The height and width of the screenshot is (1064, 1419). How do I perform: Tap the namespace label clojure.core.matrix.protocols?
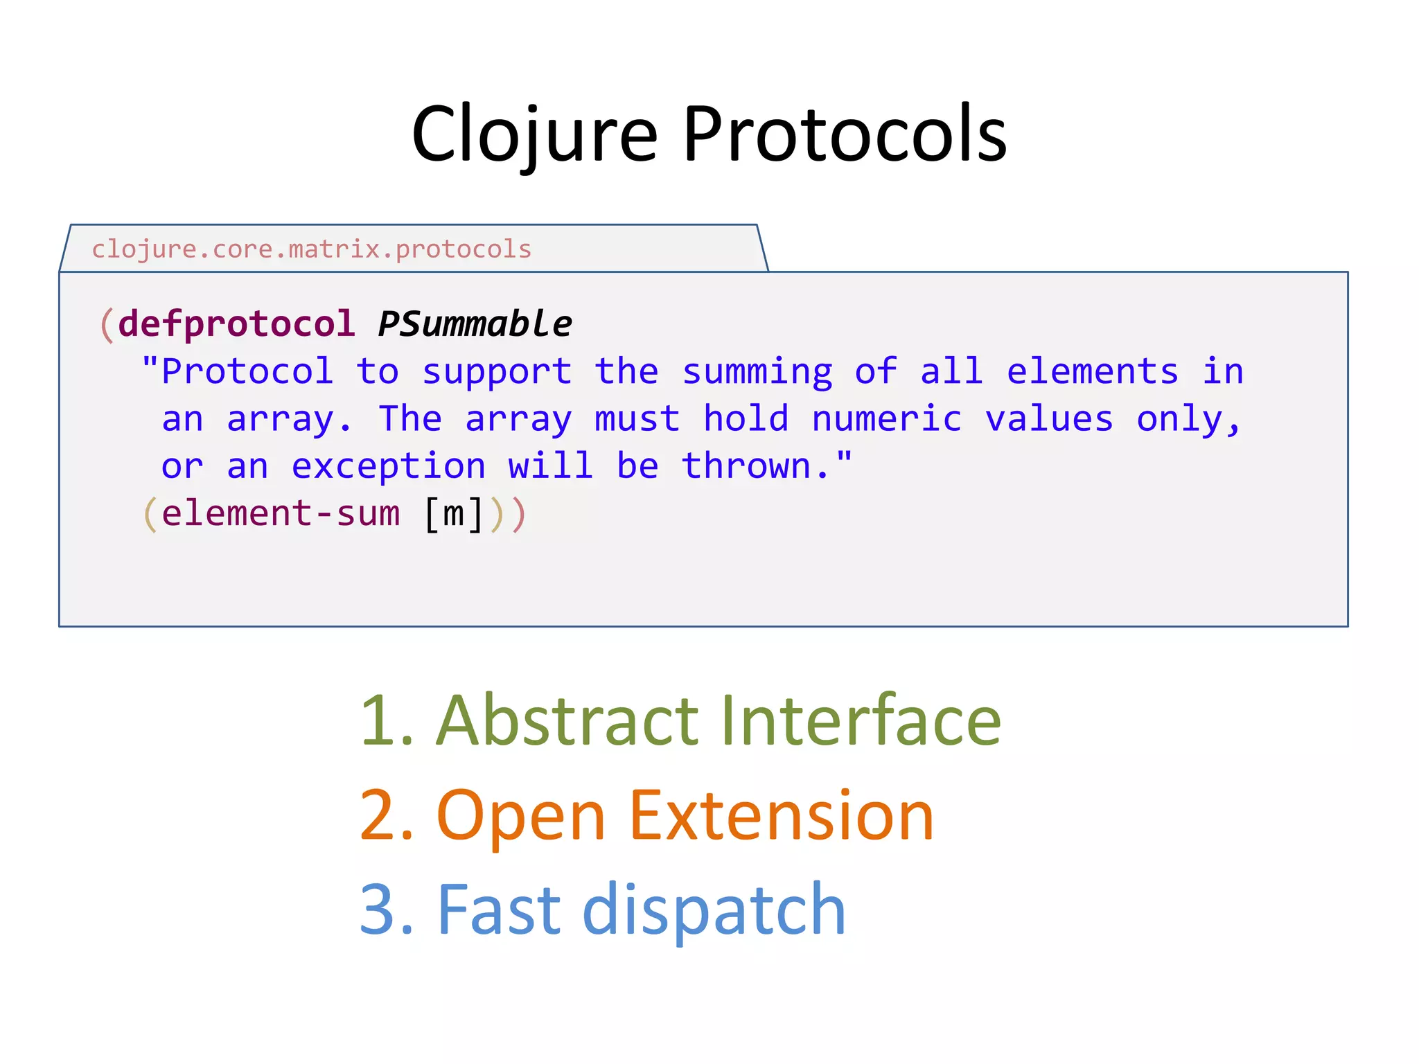[x=311, y=249]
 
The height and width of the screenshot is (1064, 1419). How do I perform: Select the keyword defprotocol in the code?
[x=236, y=324]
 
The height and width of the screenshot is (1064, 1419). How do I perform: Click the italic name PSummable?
[x=475, y=324]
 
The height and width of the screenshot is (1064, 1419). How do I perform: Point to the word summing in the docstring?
[x=757, y=372]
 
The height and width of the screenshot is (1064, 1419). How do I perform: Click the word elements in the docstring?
[x=1092, y=372]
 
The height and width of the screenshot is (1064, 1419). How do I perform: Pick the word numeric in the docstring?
[x=887, y=419]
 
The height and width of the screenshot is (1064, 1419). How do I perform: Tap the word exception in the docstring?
[x=388, y=466]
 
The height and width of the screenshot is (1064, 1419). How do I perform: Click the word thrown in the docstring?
[x=746, y=466]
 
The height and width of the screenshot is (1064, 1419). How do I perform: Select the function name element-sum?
[x=281, y=514]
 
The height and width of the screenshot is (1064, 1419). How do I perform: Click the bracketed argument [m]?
[x=453, y=514]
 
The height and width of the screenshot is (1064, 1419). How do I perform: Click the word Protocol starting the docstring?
[x=247, y=372]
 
